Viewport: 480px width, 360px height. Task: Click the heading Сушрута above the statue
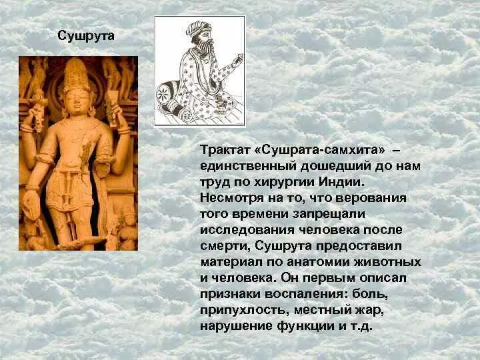click(x=86, y=35)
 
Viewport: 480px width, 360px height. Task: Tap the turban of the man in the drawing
click(x=198, y=29)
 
